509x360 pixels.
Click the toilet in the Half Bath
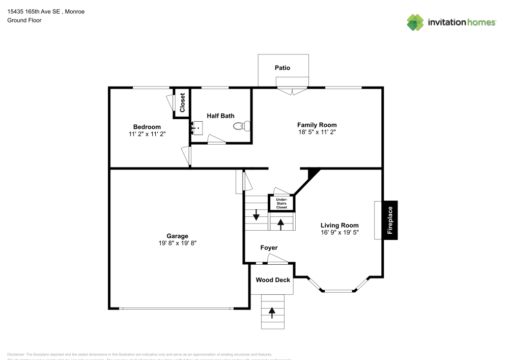click(x=244, y=125)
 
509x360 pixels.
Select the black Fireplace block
click(x=390, y=220)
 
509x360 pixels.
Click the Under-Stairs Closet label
click(x=281, y=204)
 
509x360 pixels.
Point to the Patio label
click(x=282, y=68)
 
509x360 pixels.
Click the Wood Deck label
click(x=273, y=280)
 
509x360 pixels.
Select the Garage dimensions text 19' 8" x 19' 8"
click(x=178, y=243)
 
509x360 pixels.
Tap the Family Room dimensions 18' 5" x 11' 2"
click(x=317, y=132)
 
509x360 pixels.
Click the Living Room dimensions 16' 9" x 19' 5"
click(x=340, y=232)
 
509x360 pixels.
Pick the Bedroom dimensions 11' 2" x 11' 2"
click(x=147, y=134)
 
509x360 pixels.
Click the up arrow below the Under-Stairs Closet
click(x=280, y=223)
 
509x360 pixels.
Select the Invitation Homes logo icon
click(x=415, y=22)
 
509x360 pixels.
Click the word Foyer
click(x=269, y=248)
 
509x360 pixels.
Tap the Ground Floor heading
click(x=24, y=20)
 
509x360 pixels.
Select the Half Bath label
click(x=220, y=116)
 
